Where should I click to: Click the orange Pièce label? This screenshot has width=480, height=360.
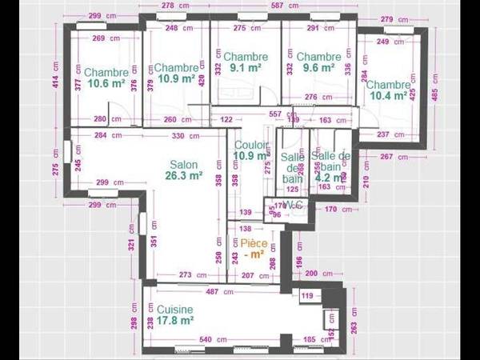click(254, 242)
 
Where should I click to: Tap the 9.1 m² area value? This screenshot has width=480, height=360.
click(246, 68)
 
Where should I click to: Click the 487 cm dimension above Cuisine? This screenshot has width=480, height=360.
click(212, 292)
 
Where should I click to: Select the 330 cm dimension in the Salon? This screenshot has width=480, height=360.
click(190, 135)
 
